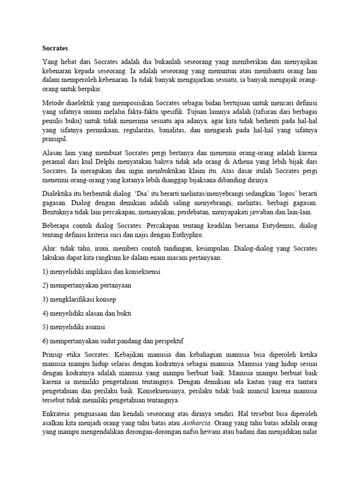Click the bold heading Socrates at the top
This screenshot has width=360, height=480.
point(55,48)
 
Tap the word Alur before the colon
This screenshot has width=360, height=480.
point(49,247)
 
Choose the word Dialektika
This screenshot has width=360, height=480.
point(60,194)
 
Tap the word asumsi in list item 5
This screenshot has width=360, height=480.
point(100,326)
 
